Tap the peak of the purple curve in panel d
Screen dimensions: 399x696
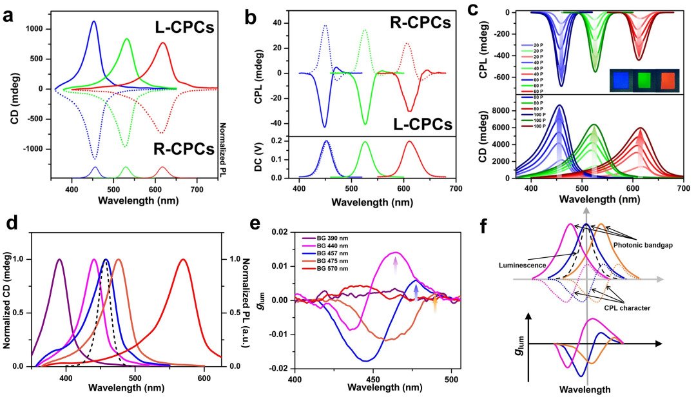(59, 259)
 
